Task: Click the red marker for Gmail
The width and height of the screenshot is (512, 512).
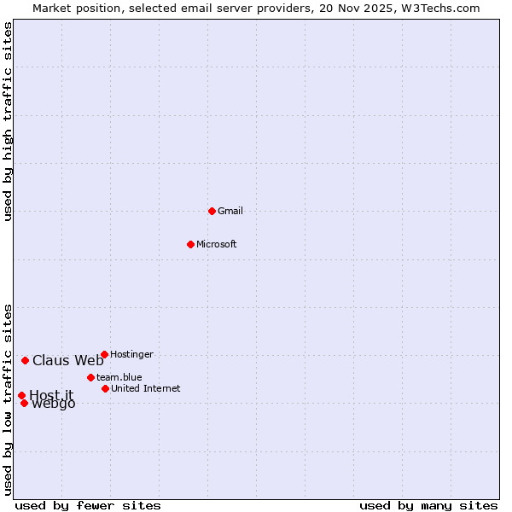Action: [x=212, y=211]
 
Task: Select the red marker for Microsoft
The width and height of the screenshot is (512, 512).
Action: [x=190, y=244]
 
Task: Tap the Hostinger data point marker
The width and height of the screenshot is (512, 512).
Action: [x=104, y=354]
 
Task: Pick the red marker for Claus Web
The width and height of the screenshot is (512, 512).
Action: [x=25, y=360]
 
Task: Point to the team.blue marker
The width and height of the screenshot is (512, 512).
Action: [x=90, y=377]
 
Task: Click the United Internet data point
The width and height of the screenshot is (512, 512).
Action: [x=105, y=388]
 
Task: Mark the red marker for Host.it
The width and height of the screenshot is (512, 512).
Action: [x=21, y=395]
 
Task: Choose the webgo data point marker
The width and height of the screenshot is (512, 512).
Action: [x=24, y=403]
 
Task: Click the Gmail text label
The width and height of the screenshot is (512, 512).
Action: [x=230, y=212]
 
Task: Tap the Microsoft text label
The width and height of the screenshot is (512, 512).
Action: [x=217, y=245]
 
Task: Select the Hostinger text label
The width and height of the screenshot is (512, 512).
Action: [x=132, y=355]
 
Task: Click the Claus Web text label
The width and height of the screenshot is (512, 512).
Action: [x=68, y=361]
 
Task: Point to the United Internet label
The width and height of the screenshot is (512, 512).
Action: [x=146, y=389]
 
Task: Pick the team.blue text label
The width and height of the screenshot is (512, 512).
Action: [x=119, y=378]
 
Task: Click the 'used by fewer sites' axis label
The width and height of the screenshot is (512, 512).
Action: [x=88, y=505]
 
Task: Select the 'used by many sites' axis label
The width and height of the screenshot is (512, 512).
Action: [x=428, y=505]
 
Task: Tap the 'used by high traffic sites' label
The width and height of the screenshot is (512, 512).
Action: [x=9, y=121]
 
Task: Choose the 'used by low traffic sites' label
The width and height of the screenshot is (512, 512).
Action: [x=9, y=399]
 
